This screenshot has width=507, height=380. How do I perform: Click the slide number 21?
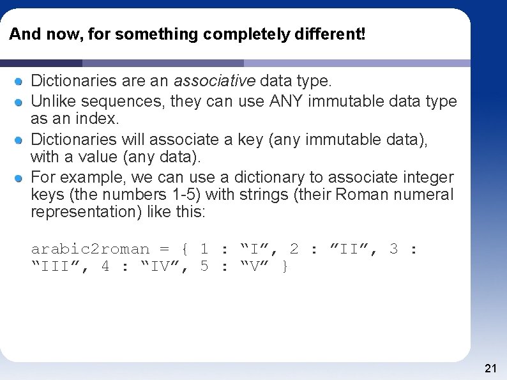tap(490, 368)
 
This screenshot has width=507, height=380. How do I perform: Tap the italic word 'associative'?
tap(215, 81)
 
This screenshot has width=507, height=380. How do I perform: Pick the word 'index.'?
tap(100, 119)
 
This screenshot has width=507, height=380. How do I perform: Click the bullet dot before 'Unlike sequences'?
tap(20, 102)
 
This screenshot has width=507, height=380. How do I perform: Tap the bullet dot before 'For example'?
tap(20, 178)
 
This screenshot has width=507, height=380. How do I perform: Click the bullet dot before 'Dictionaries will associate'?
tap(20, 140)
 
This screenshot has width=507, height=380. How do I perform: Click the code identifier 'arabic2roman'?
tap(90, 249)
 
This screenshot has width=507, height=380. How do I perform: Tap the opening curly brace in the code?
tap(184, 249)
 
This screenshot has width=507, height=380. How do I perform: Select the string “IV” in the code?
tap(163, 266)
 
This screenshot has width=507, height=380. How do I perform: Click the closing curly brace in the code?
tap(285, 266)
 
